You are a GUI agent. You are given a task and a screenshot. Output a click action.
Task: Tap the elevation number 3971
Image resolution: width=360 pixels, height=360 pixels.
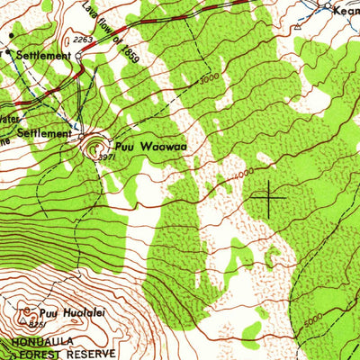click(105, 156)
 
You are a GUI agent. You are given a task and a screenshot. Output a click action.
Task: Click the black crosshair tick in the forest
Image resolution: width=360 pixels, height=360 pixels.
click(269, 194)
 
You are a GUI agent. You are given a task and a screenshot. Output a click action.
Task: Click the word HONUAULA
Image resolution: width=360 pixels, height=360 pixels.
click(35, 344)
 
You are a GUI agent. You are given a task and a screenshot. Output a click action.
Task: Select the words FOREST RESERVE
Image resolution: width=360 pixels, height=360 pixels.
click(45, 354)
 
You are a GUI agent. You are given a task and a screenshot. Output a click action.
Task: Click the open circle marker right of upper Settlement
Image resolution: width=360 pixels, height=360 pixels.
click(78, 56)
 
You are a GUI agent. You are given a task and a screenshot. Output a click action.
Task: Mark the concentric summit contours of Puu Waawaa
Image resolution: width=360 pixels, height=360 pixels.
click(94, 147)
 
